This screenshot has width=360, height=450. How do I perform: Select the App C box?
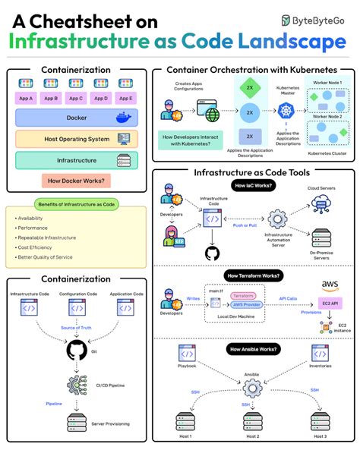[x=76, y=99]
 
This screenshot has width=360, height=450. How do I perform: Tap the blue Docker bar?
[x=76, y=118]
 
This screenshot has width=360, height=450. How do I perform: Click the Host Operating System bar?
[x=76, y=139]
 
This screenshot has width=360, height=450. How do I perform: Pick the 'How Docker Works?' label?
[x=76, y=181]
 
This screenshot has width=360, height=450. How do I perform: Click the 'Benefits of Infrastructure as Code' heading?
[x=76, y=204]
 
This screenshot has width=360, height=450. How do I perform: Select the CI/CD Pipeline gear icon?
[x=76, y=383]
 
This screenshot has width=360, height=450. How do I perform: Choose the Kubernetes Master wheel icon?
[x=286, y=112]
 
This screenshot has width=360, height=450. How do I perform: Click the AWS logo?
[x=330, y=286]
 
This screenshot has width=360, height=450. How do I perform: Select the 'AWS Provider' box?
[x=243, y=304]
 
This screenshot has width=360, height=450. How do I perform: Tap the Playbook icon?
[x=187, y=353]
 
